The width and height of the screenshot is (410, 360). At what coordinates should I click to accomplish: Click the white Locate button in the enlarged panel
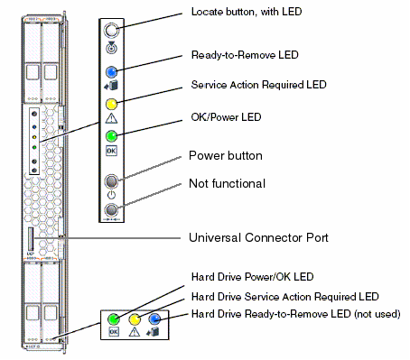tap(111, 31)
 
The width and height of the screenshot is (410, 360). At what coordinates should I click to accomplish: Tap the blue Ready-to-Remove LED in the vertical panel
tap(111, 72)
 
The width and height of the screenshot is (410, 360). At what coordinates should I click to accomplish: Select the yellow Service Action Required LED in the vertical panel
tap(111, 105)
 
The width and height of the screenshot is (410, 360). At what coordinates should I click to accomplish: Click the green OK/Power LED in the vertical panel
tap(111, 136)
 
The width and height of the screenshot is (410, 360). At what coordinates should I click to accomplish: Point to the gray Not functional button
tap(111, 209)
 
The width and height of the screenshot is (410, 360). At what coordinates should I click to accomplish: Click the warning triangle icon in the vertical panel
tap(111, 118)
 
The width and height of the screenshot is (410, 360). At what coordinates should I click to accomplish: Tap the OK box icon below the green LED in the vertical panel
tap(111, 151)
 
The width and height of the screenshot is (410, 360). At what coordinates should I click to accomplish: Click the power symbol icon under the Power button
tap(111, 195)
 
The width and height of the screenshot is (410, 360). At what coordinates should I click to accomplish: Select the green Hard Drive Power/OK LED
tap(114, 318)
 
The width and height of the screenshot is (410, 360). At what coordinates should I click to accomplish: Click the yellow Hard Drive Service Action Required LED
tap(135, 319)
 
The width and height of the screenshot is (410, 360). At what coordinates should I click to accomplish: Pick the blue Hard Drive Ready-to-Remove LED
tap(154, 318)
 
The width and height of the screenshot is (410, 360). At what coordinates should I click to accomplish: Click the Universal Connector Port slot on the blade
tap(31, 239)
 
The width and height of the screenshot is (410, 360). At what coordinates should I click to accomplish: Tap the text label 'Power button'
tap(226, 156)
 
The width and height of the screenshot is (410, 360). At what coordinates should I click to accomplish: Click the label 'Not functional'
tap(227, 183)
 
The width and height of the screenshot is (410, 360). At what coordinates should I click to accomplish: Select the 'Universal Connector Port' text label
tap(258, 237)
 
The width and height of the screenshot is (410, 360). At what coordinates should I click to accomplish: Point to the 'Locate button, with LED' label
tap(247, 12)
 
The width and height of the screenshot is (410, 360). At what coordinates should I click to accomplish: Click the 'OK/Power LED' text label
tap(226, 117)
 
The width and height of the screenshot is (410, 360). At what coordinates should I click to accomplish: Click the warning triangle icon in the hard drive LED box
tap(135, 332)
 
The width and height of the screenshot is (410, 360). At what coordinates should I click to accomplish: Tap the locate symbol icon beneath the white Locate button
tap(111, 48)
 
